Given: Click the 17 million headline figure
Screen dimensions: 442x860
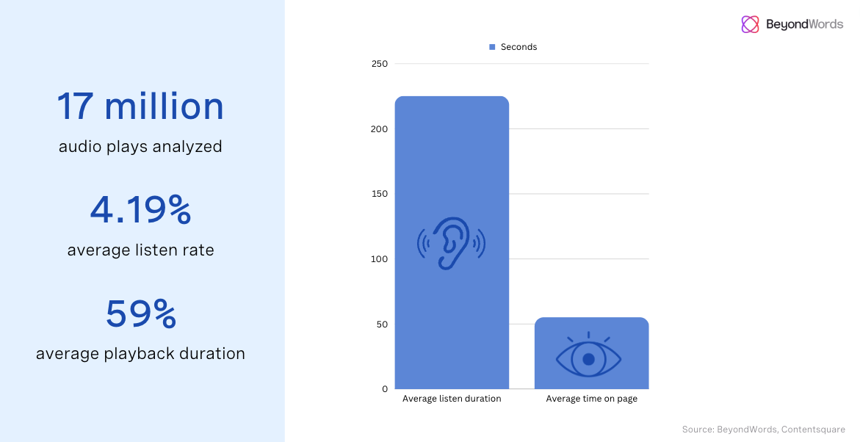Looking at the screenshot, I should click(140, 106).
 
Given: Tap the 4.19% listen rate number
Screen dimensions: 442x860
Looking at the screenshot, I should click(140, 211).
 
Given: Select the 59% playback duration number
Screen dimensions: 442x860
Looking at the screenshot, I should click(140, 314).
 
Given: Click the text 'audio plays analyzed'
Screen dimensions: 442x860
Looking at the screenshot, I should click(140, 146).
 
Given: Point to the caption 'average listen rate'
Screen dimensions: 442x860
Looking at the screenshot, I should click(140, 250).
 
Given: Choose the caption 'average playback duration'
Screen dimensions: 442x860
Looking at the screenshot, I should click(140, 353).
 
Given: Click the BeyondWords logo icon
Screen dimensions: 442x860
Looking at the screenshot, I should click(750, 24).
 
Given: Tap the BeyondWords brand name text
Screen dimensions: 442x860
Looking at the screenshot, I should click(804, 24).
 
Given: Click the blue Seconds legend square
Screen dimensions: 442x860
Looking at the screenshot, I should click(492, 47).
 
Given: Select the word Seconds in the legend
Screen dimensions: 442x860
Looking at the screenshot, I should click(518, 47).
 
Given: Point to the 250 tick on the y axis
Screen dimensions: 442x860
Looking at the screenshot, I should click(380, 64).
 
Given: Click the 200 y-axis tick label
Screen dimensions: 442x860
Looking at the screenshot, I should click(380, 129).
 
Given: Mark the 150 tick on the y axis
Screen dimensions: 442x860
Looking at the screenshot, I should click(380, 194).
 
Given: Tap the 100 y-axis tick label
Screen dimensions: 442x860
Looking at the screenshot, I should click(380, 259).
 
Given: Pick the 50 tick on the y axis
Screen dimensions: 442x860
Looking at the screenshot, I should click(382, 325).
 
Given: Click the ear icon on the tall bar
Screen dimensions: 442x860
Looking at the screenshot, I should click(452, 242).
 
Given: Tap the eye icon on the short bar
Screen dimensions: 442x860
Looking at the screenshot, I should click(588, 358).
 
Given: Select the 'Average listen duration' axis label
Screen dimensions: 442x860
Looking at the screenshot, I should click(452, 399).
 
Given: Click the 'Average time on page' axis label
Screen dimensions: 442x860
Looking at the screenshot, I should click(591, 399).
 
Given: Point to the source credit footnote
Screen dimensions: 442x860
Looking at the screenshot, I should click(763, 430).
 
